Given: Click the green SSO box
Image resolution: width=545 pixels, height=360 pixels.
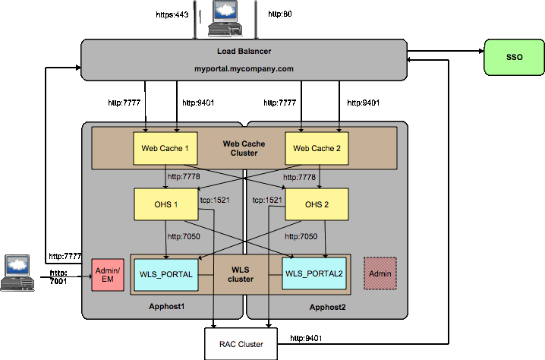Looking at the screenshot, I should (514, 57).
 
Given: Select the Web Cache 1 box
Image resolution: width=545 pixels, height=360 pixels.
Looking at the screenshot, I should (165, 148).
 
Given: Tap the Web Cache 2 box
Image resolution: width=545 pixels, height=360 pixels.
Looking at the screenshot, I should (317, 148).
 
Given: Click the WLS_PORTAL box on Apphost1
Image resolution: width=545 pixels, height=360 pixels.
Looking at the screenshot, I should (166, 273).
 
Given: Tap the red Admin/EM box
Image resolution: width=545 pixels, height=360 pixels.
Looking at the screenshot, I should (107, 275).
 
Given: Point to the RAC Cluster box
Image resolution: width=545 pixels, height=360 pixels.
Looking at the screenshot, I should (241, 344).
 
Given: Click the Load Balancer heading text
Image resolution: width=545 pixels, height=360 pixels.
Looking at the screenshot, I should (244, 52).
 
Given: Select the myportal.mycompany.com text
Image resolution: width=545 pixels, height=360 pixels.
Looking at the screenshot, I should (244, 68).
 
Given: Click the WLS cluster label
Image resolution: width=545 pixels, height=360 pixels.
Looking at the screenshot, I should (240, 273).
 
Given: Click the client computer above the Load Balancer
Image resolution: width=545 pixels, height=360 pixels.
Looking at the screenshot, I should (224, 19).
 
